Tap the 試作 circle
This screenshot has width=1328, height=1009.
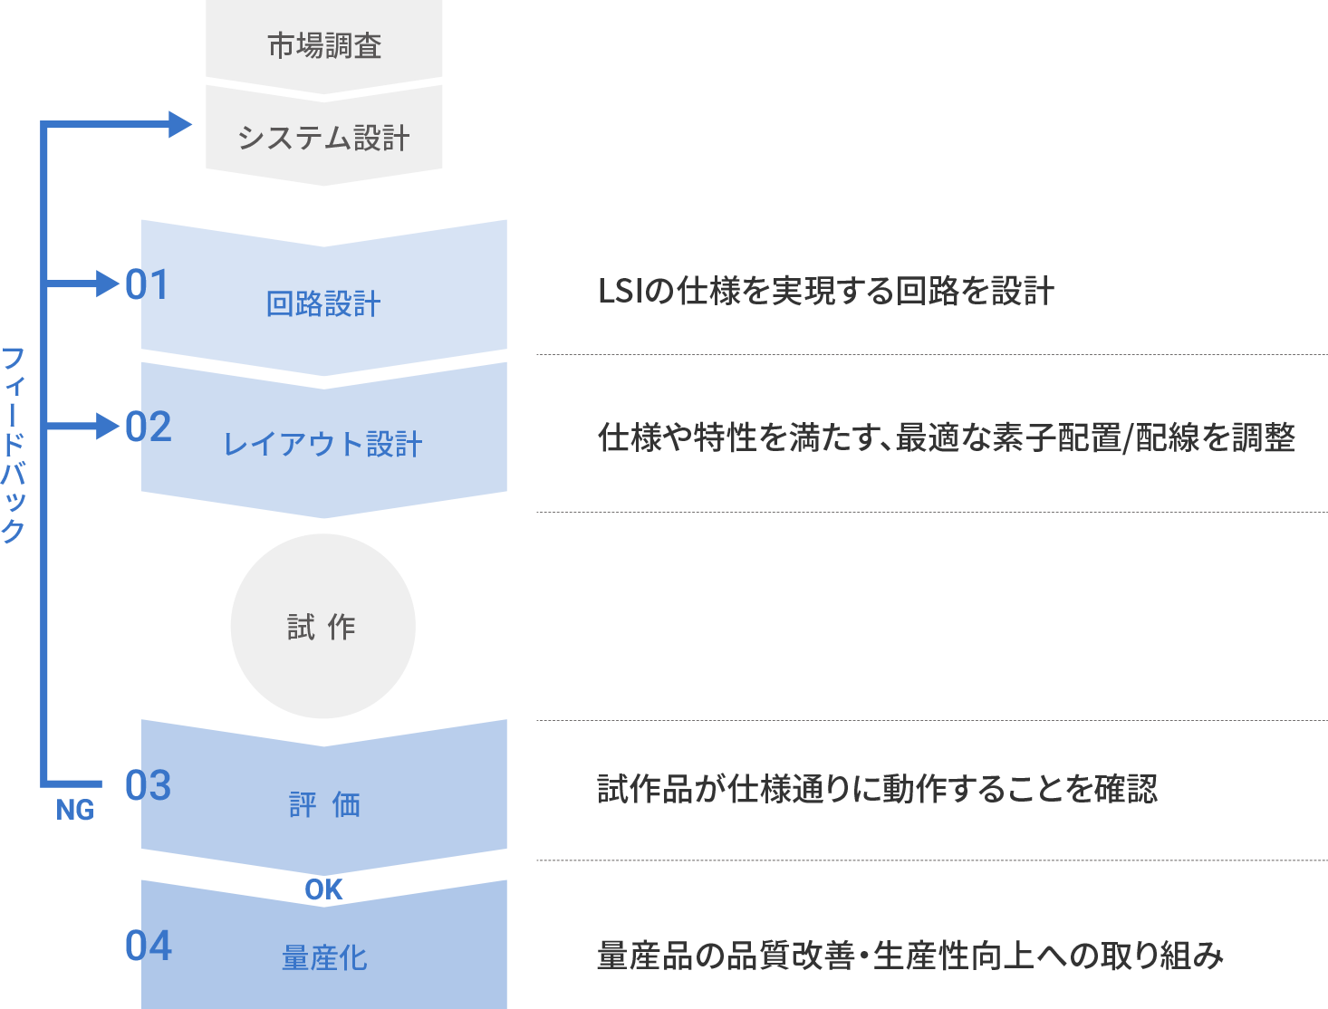point(322,627)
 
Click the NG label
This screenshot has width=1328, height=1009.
point(75,810)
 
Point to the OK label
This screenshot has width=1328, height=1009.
point(323,890)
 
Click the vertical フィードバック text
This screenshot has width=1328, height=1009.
point(14,444)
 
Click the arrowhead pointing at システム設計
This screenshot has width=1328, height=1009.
point(180,124)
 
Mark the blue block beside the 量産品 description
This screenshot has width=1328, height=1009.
point(323,951)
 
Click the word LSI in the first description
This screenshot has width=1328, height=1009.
point(619,292)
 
